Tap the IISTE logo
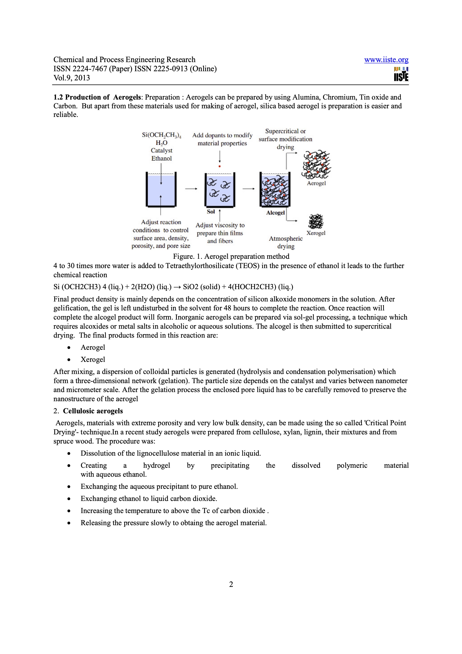pos(401,75)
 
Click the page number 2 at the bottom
pos(231,584)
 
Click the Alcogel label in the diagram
pos(275,213)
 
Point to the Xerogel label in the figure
pos(316,233)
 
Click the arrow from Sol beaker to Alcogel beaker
pos(248,188)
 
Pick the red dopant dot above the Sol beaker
pos(220,166)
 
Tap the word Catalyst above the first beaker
pos(161,150)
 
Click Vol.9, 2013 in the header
pos(72,78)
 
